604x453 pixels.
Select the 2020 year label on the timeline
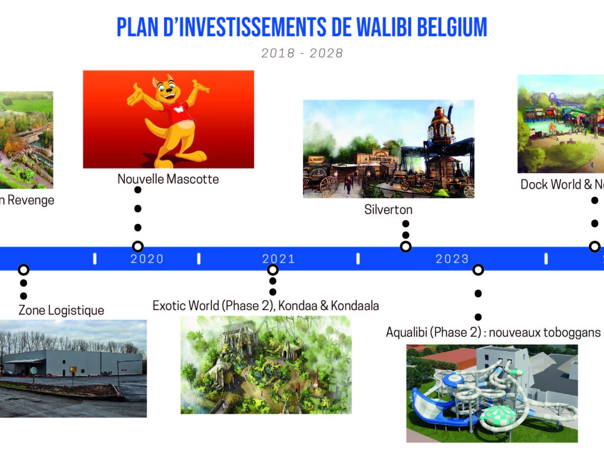[147, 259]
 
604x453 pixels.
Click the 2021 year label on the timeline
[278, 259]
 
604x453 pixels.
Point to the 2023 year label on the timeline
[452, 259]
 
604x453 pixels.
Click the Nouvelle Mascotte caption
[168, 179]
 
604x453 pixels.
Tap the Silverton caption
[388, 209]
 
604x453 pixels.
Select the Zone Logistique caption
[61, 310]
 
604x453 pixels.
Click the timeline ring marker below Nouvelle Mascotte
[137, 247]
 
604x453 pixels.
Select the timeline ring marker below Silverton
[406, 247]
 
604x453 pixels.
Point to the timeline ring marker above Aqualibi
[478, 270]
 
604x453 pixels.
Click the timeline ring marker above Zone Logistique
[23, 270]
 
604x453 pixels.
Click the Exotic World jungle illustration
[266, 364]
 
